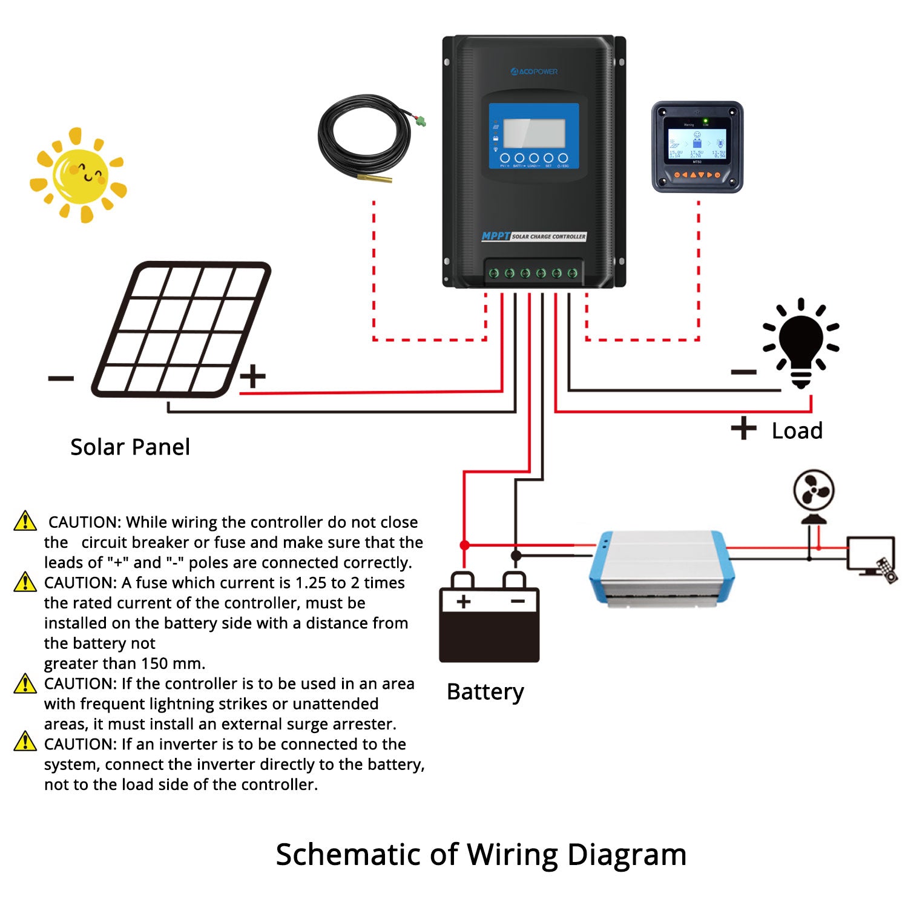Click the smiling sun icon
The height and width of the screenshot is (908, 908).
[x=79, y=175]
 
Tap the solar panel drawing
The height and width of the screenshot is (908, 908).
[x=180, y=329]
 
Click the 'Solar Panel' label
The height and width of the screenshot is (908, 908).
[x=130, y=447]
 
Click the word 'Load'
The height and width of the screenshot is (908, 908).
[x=797, y=431]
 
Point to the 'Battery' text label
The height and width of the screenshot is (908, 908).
[x=485, y=692]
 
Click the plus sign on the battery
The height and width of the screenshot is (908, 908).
[x=463, y=602]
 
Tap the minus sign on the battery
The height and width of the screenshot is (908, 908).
[x=518, y=602]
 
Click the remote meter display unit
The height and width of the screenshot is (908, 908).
[x=697, y=146]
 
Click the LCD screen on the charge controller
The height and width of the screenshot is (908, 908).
[x=534, y=133]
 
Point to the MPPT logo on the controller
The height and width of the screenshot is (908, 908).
[x=495, y=236]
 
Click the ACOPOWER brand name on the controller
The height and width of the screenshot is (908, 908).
[x=534, y=71]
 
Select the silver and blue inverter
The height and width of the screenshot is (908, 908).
[x=662, y=567]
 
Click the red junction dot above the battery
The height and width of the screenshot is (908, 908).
[x=464, y=545]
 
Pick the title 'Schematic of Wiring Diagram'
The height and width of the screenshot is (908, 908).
[x=481, y=855]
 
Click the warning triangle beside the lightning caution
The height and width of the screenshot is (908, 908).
[x=25, y=683]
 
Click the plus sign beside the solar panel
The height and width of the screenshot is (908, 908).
[x=252, y=376]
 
